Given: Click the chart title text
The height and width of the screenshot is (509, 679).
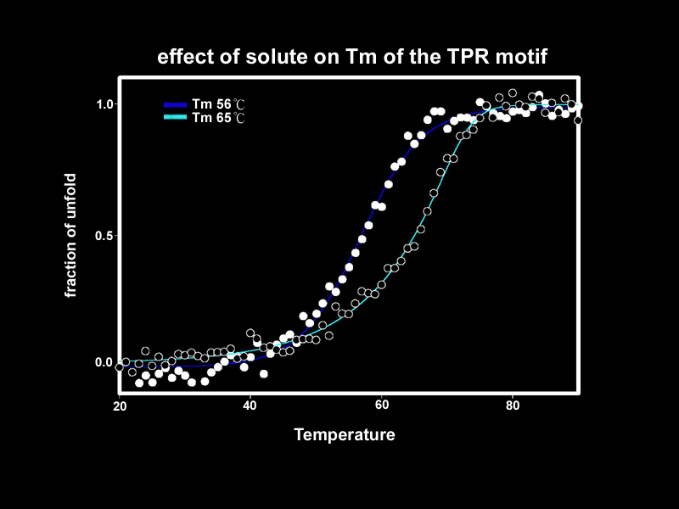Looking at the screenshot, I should point(352,58).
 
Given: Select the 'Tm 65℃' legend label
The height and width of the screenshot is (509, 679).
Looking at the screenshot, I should point(218,118).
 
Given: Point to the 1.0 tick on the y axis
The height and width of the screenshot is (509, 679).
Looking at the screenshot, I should point(104,104).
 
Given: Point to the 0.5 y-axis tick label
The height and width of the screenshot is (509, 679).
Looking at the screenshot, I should point(104,235).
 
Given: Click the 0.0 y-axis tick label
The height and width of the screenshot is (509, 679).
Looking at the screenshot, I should point(104,362).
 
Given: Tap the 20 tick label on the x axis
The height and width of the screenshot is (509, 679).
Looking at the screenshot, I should point(120,406).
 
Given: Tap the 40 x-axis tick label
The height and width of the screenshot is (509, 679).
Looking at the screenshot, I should point(250,406).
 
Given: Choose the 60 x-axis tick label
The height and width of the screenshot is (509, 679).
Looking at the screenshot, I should point(381,406).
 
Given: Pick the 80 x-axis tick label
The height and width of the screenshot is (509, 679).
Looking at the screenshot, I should point(512,406).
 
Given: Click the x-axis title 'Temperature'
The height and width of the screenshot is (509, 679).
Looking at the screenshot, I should point(344,435).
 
